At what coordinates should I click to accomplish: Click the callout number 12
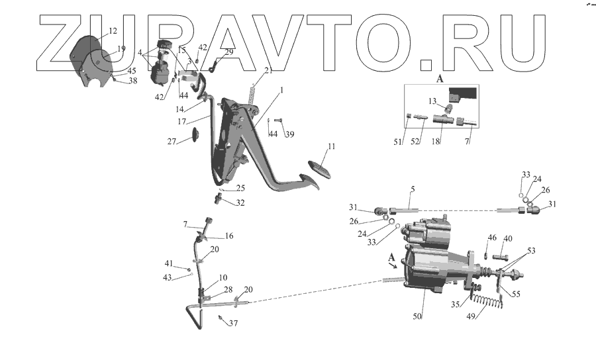tap(112, 31)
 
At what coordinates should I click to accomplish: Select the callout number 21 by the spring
tap(268, 71)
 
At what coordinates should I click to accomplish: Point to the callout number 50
tap(417, 317)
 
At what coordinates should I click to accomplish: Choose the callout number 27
tap(172, 141)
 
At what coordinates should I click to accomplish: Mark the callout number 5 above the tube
tap(412, 189)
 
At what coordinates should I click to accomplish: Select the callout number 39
tap(289, 134)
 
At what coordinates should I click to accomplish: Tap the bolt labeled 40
tap(499, 257)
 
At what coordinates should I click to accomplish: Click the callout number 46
tap(492, 237)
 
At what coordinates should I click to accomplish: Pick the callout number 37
tap(232, 324)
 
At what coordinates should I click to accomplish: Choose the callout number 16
tap(229, 236)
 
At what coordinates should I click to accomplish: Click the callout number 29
tap(229, 52)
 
